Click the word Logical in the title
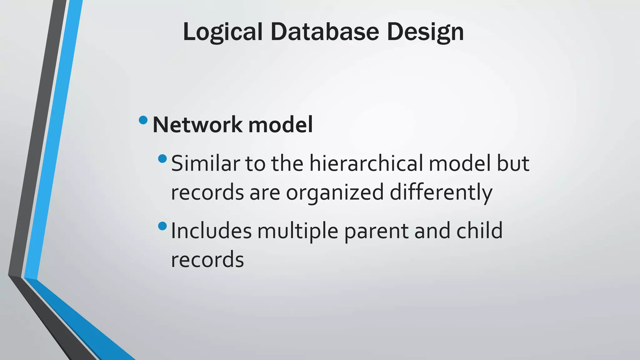click(x=222, y=32)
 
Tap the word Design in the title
click(x=425, y=32)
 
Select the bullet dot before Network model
click(x=143, y=120)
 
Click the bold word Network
click(x=197, y=125)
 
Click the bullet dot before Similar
click(x=162, y=159)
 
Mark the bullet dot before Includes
click(x=162, y=226)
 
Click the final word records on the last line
click(x=207, y=259)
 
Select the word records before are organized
click(x=207, y=192)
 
